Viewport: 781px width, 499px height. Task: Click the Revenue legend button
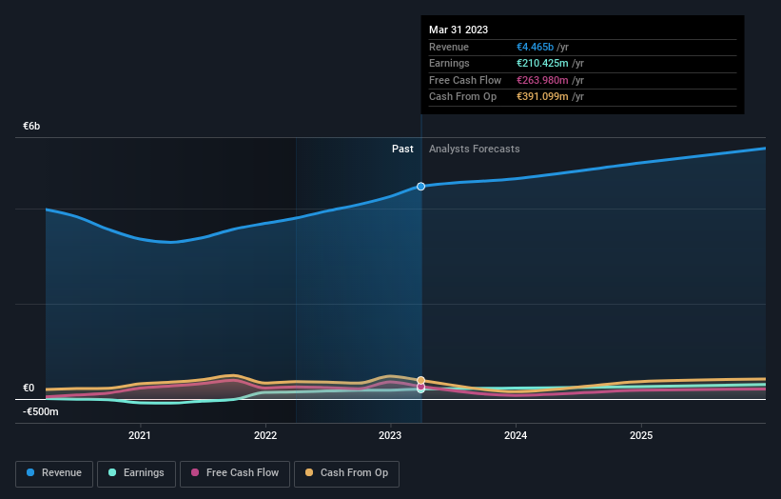[54, 472]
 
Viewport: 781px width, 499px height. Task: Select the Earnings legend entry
[136, 472]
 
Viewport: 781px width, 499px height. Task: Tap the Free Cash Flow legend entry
[233, 472]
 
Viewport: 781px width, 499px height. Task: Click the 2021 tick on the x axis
[140, 435]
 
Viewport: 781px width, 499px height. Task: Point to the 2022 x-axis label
[265, 435]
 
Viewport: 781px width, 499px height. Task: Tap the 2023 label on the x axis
[391, 435]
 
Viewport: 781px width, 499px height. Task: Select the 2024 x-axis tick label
[517, 435]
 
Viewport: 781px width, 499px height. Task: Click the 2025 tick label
[642, 435]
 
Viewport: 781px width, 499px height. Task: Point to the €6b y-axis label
[32, 127]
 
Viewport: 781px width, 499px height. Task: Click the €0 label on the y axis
[29, 388]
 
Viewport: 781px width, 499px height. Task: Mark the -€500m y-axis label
[41, 411]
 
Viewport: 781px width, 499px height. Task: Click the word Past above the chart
[402, 149]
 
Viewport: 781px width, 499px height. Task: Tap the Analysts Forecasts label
[475, 149]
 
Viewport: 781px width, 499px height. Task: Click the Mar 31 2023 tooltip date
[459, 30]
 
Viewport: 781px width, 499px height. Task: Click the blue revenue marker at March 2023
[420, 187]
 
